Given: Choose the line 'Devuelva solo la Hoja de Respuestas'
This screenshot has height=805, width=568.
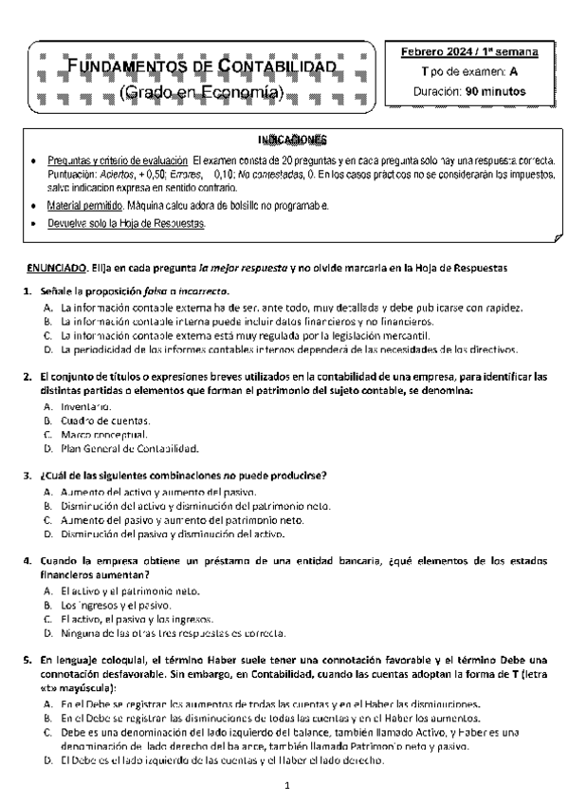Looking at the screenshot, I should (126, 224).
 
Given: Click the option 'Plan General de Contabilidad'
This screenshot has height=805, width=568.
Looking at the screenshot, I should (128, 448).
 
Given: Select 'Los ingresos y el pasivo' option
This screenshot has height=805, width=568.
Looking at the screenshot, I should (114, 605).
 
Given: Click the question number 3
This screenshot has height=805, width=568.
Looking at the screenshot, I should (27, 475).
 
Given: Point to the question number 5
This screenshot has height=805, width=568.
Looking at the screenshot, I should (27, 660).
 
